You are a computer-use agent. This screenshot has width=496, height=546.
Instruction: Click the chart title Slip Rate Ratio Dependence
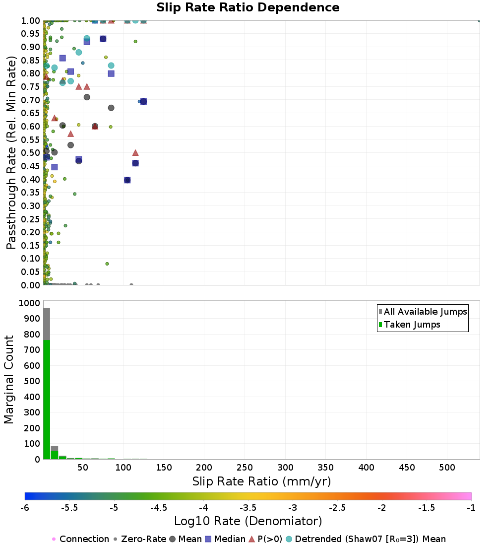click(x=248, y=8)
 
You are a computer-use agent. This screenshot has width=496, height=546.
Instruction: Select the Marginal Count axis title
click(x=9, y=380)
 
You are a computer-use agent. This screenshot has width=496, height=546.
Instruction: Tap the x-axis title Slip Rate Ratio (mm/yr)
click(x=261, y=481)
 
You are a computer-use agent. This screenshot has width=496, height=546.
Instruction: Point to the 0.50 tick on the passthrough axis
click(x=31, y=153)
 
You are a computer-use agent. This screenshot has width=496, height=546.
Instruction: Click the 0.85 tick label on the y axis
click(x=31, y=60)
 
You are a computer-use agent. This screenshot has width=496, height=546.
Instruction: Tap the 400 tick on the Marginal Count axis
click(x=31, y=397)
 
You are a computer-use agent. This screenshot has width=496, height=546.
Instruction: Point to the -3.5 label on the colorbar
click(x=248, y=508)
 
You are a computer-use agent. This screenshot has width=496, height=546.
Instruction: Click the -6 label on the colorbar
click(x=25, y=508)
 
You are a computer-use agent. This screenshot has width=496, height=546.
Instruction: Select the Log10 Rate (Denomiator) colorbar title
click(x=248, y=521)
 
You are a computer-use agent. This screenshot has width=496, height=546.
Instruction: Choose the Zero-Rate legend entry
click(x=136, y=539)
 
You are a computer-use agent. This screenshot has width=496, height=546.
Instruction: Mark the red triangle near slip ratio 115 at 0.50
click(x=135, y=153)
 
